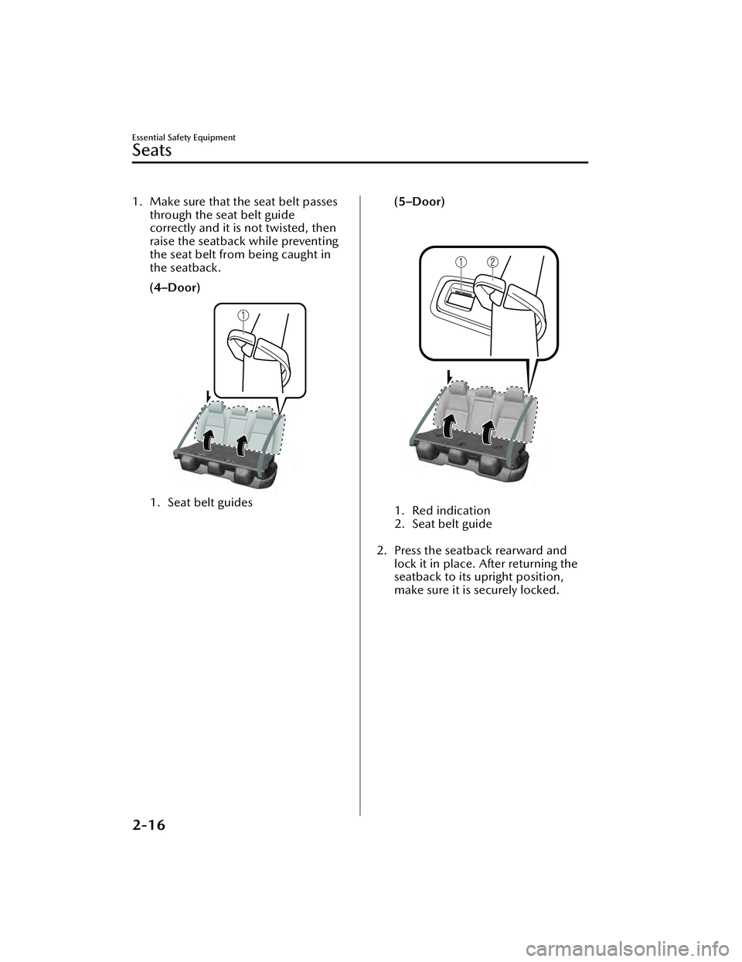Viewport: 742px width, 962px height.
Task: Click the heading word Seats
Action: pyautogui.click(x=151, y=150)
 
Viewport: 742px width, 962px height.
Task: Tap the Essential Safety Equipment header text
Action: pyautogui.click(x=183, y=137)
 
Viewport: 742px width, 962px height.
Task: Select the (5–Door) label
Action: pyautogui.click(x=419, y=202)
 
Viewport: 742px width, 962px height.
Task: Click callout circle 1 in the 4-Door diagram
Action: pyautogui.click(x=243, y=314)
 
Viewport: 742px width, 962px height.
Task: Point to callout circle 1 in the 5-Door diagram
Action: pyautogui.click(x=460, y=261)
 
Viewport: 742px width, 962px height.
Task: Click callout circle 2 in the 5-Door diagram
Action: pyautogui.click(x=492, y=261)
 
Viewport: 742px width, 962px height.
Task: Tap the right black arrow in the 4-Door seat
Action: pyautogui.click(x=243, y=444)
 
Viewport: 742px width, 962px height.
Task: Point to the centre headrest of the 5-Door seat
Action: pyautogui.click(x=483, y=393)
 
